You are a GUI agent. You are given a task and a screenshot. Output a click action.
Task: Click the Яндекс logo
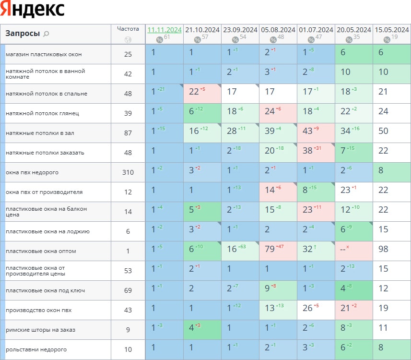(33, 10)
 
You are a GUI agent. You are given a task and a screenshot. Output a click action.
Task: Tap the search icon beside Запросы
(47, 34)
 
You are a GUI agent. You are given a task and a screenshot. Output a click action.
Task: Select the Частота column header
(128, 29)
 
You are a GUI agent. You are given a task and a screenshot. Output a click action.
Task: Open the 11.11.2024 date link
(164, 30)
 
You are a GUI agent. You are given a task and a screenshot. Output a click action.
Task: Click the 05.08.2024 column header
(278, 30)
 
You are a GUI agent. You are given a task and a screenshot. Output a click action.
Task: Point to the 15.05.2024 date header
(391, 30)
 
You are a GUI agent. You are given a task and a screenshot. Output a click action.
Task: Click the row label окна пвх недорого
(32, 172)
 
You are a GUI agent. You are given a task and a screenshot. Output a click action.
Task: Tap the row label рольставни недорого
(36, 349)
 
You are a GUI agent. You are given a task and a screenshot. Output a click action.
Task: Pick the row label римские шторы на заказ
(40, 330)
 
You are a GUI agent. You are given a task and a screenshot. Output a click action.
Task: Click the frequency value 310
(128, 172)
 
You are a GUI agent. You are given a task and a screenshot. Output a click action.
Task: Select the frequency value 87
(128, 133)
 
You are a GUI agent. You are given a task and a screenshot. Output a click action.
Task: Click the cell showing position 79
(278, 251)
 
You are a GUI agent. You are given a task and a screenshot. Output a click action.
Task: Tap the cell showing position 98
(391, 251)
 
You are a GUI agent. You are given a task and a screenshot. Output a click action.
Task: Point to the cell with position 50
(391, 133)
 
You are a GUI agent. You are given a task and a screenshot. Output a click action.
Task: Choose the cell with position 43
(316, 133)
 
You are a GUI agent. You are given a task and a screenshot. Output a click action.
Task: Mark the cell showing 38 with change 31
(316, 153)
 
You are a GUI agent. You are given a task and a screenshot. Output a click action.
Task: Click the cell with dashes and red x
(353, 251)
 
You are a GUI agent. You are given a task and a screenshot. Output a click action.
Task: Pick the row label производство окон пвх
(38, 310)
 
